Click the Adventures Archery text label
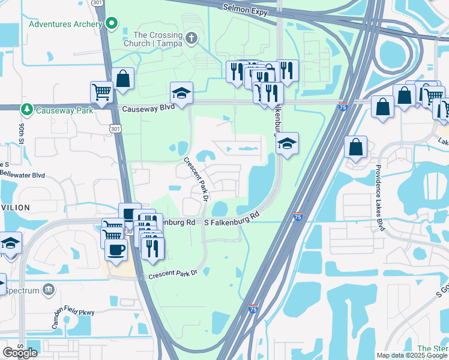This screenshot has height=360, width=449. [65, 25]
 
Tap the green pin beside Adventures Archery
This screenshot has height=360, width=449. [111, 24]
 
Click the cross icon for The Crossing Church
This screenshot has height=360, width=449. [191, 39]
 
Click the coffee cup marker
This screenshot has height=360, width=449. [116, 249]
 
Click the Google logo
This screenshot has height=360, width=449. [20, 352]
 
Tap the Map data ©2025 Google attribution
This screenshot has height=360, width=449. [412, 355]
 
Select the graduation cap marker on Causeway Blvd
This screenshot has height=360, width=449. [181, 93]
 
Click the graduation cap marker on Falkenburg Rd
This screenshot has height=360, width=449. [287, 144]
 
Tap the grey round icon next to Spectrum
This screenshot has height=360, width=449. [49, 290]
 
